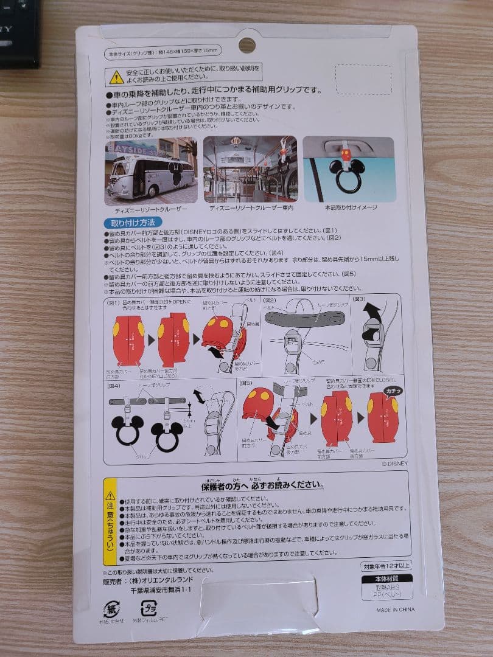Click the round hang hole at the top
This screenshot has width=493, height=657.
coord(246,45)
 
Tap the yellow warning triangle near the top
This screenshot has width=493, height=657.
coord(116,77)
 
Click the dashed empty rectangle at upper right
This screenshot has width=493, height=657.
coord(363,80)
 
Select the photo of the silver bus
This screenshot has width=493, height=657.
coord(151,170)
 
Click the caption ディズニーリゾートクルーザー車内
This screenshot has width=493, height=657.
coord(251,208)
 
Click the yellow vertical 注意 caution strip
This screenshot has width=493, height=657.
coord(110,521)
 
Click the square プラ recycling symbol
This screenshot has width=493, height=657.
coord(149,608)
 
